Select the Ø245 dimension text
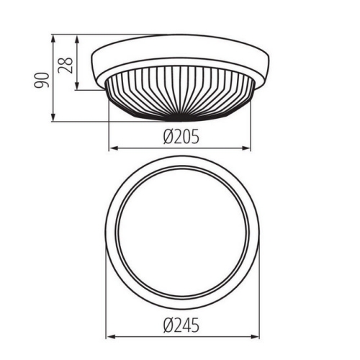click(180, 324)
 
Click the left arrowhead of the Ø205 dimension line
click(111, 149)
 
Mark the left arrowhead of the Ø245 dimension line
click(109, 336)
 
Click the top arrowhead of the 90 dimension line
click(54, 36)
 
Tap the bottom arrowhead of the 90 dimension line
click(54, 118)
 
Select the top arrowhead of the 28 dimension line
click(77, 36)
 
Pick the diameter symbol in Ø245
click(166, 324)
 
